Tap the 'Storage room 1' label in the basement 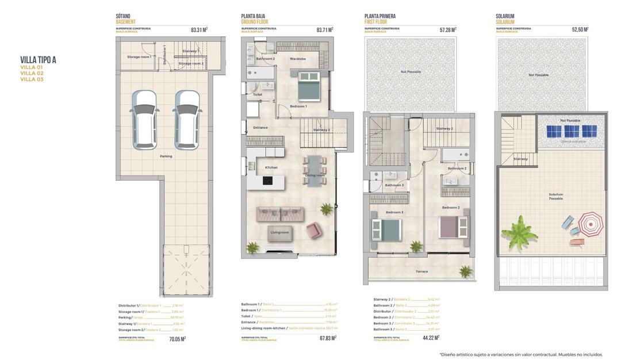(139, 57)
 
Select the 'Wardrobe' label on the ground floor (297, 59)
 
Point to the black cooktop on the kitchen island (267, 180)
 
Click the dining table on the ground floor (315, 171)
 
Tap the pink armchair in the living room (314, 231)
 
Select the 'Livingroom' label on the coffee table (279, 232)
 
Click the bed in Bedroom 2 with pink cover (454, 227)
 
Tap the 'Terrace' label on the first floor (421, 271)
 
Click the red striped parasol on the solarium (591, 223)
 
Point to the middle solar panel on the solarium (572, 131)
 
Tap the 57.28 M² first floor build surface (448, 29)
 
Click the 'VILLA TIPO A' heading (38, 60)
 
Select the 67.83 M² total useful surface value (327, 338)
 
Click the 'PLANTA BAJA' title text (253, 17)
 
